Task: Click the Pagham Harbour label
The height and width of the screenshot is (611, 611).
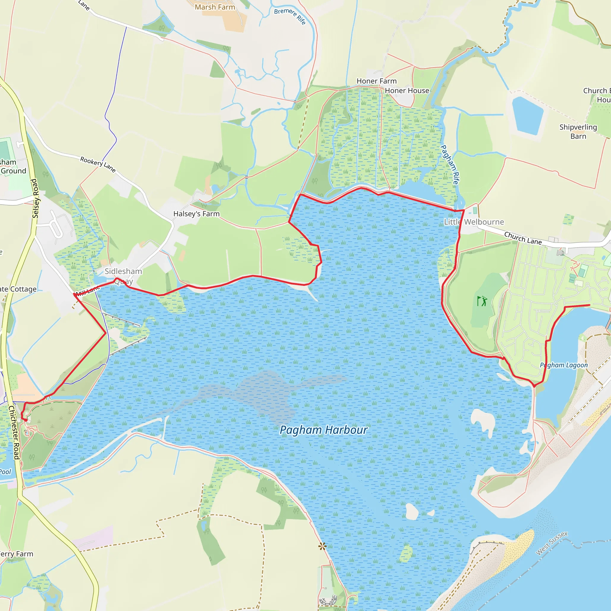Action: [323, 430]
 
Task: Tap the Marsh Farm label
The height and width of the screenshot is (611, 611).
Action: [215, 7]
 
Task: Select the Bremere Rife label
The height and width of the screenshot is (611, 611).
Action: [290, 16]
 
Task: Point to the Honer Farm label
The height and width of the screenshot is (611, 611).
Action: [376, 81]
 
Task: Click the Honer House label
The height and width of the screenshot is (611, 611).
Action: [407, 91]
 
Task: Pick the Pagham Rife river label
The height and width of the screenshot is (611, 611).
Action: [449, 164]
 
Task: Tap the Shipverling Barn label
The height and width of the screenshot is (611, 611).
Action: [578, 132]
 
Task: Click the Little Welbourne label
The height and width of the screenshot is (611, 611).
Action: [474, 222]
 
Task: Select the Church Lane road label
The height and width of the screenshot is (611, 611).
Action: [522, 238]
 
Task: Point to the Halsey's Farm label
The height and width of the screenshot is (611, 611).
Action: [196, 214]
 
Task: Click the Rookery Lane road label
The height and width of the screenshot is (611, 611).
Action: [98, 164]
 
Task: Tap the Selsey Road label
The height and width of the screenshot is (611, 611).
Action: [35, 198]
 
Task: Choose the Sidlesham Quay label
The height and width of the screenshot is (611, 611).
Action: [123, 276]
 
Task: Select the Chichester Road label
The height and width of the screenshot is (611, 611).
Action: [14, 432]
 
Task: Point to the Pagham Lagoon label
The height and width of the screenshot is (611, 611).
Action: [564, 365]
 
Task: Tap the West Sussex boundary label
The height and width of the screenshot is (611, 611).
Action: [552, 543]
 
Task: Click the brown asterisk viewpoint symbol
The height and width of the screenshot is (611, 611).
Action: [322, 546]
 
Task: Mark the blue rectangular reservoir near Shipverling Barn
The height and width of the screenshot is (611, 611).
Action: [527, 115]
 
